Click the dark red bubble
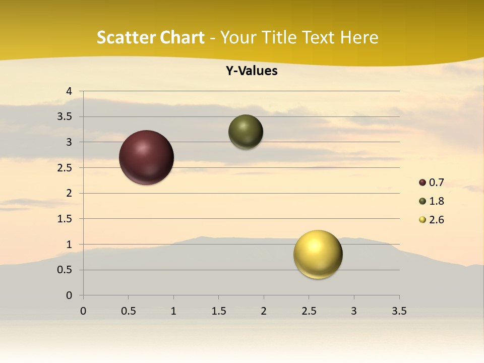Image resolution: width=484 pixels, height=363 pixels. tap(147, 157)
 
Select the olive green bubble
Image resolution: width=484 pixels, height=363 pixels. tap(246, 132)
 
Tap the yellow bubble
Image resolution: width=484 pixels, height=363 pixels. tap(318, 254)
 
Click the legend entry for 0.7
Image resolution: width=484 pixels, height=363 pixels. tap(432, 183)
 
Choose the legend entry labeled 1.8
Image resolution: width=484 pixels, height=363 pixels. tap(432, 201)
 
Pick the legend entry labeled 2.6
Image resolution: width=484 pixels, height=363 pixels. tap(432, 220)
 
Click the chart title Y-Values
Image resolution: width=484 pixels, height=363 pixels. tap(251, 71)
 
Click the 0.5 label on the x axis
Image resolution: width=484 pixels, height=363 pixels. tap(128, 311)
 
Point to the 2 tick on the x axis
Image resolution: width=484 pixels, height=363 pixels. tap(264, 311)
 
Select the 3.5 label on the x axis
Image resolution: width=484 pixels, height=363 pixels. tap(399, 311)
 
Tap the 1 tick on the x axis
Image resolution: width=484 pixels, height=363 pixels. tap(173, 311)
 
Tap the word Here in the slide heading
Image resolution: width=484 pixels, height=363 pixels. tap(359, 38)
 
